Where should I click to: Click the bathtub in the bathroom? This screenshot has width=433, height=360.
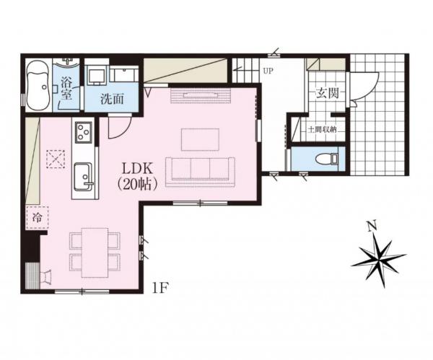[x=38, y=86]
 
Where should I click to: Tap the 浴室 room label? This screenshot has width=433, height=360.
[x=66, y=88]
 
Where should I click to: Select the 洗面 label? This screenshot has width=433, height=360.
[x=112, y=99]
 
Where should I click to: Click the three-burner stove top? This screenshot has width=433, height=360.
[x=84, y=132]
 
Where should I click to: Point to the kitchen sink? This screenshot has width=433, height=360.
[x=84, y=177]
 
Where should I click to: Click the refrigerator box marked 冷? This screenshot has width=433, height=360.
[x=38, y=217]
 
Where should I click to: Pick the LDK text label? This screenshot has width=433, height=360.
[x=138, y=169]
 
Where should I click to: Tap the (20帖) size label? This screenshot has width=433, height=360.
[x=138, y=184]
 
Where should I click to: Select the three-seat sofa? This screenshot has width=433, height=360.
[x=200, y=172]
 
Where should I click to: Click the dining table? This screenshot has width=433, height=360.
[x=95, y=253]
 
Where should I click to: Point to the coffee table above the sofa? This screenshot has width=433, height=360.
[x=200, y=139]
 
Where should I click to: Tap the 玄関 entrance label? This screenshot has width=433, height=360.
[x=328, y=93]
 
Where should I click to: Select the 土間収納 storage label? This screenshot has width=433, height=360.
[x=322, y=129]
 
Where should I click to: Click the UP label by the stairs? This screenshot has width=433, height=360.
[x=268, y=71]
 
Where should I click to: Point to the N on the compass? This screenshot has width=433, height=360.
[x=373, y=227]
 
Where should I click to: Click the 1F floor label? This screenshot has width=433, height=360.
[x=160, y=289]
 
